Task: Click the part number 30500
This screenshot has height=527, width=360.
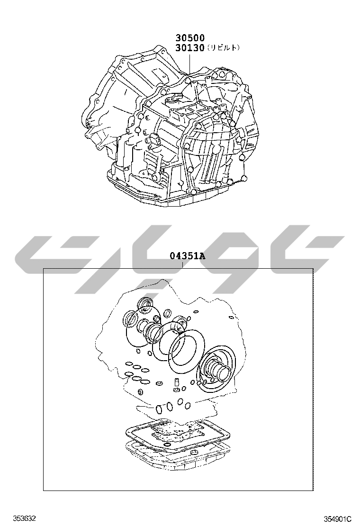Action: click(x=189, y=37)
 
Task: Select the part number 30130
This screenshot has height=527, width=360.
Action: click(x=189, y=48)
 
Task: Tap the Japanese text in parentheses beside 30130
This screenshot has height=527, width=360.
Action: click(x=223, y=48)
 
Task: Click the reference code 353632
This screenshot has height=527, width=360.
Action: click(x=25, y=518)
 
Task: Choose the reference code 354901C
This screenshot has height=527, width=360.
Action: click(x=337, y=518)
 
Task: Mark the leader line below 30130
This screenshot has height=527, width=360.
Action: click(x=190, y=64)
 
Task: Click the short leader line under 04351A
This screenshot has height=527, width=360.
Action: click(x=182, y=265)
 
